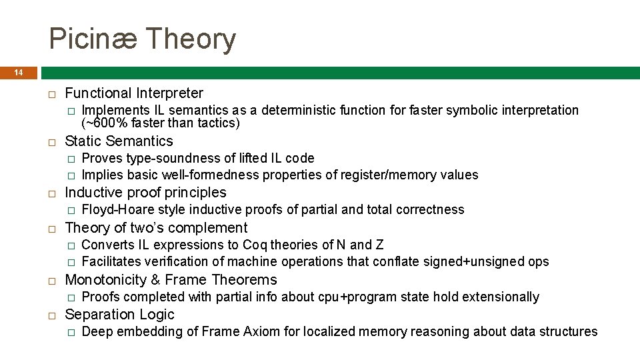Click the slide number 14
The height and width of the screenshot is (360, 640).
[x=19, y=72]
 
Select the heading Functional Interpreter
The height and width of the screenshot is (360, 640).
[x=134, y=93]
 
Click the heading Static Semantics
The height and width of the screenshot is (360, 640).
[x=119, y=141]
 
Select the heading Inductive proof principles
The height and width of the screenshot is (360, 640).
[x=145, y=193]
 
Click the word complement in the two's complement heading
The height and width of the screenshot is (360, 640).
[x=210, y=228]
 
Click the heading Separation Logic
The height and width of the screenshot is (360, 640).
[x=119, y=315]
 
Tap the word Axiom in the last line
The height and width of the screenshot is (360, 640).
[x=265, y=331]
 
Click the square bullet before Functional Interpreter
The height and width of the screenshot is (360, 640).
[x=51, y=93]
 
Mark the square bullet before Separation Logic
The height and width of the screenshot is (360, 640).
[x=51, y=315]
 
